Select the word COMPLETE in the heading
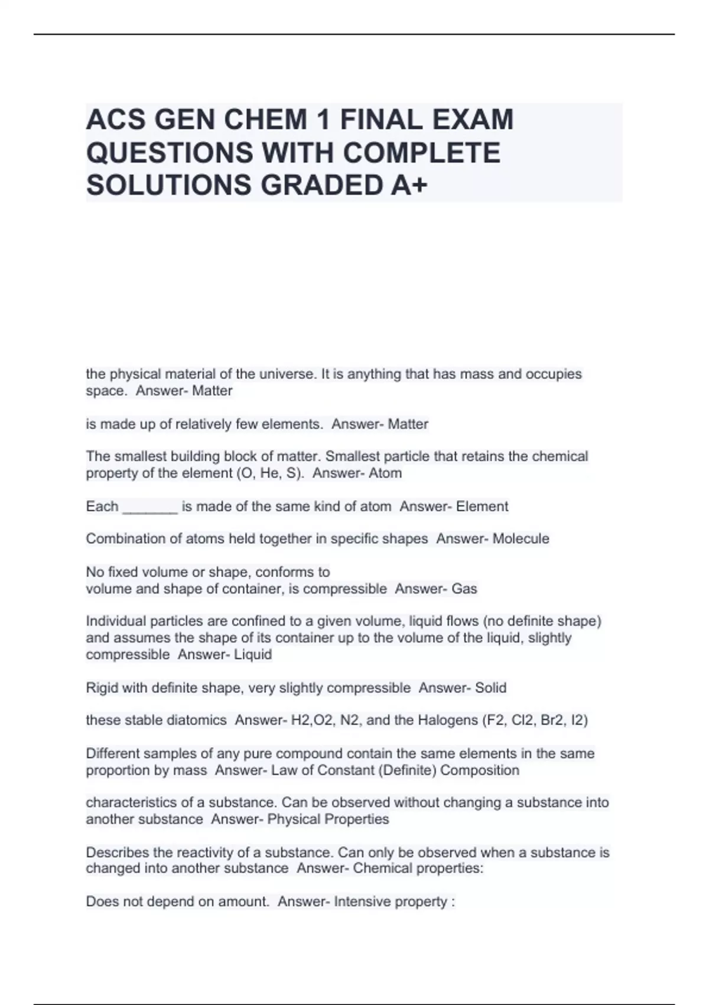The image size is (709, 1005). pyautogui.click(x=421, y=153)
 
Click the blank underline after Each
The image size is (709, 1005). pyautogui.click(x=149, y=507)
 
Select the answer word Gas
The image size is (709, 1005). pyautogui.click(x=464, y=589)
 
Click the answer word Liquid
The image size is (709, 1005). pyautogui.click(x=253, y=654)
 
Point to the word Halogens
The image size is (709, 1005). pyautogui.click(x=448, y=720)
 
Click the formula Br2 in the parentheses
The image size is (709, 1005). pyautogui.click(x=550, y=720)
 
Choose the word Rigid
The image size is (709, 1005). pyautogui.click(x=102, y=688)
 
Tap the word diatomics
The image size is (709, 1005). pyautogui.click(x=198, y=720)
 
